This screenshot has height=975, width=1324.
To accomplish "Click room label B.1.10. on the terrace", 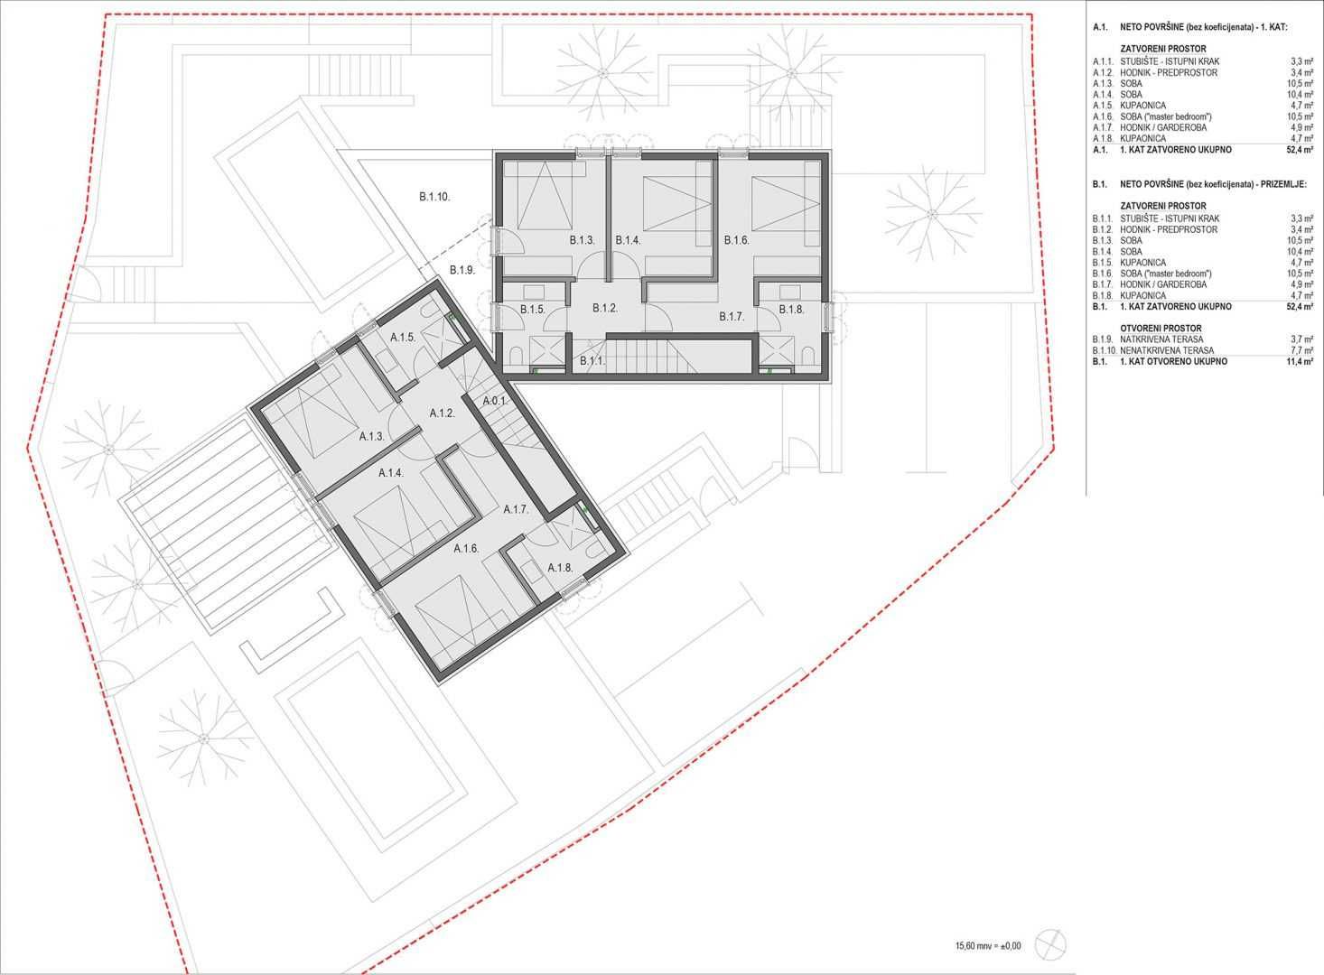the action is (434, 197).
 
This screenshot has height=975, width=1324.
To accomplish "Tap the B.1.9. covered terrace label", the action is (462, 271).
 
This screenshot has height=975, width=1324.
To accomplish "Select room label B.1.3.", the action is (583, 240).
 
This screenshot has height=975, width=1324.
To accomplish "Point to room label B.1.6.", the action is (737, 240).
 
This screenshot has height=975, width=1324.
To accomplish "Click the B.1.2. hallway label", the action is (605, 308).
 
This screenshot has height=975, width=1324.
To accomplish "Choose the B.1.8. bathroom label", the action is (791, 309).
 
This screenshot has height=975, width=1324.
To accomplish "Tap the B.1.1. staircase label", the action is (592, 362).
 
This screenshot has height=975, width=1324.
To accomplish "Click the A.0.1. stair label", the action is (495, 401).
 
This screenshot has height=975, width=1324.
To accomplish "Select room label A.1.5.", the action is (403, 338).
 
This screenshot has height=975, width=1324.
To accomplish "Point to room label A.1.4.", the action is (391, 473).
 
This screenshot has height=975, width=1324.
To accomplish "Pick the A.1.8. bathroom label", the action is (560, 568).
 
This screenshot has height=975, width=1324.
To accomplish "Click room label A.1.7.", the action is (516, 509).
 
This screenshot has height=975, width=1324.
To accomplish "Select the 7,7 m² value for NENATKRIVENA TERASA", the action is (1302, 350).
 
